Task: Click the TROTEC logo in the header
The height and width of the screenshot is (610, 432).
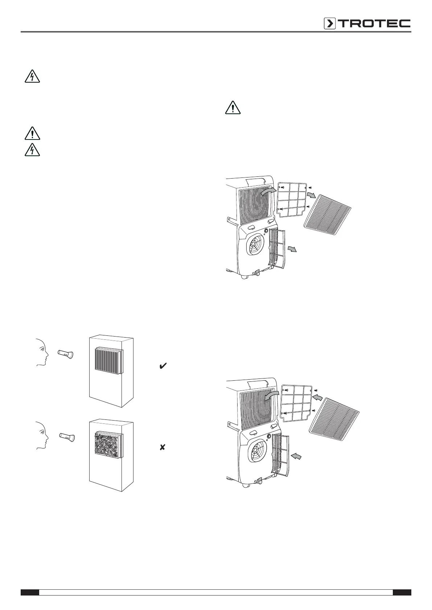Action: [x=367, y=24]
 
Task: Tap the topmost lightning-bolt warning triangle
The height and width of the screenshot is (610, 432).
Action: [x=32, y=76]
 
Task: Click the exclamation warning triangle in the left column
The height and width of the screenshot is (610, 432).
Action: [x=32, y=133]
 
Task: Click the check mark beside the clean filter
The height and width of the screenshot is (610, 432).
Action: [x=163, y=367]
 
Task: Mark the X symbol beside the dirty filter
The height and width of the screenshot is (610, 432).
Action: [x=162, y=447]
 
